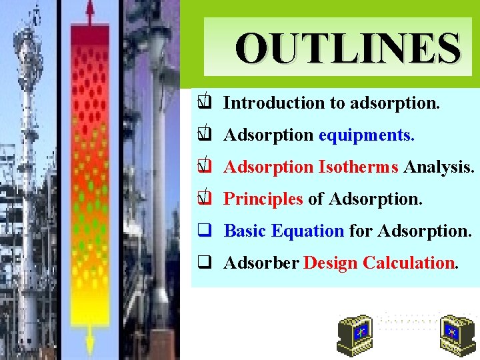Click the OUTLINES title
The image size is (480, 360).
(x=347, y=48)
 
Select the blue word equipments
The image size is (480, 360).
(x=366, y=135)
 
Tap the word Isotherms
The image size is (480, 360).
(x=359, y=167)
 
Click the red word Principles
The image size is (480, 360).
(x=263, y=199)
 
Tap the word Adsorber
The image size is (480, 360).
(x=261, y=263)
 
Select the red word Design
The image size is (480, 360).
(x=331, y=263)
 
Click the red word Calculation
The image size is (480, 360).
(x=409, y=263)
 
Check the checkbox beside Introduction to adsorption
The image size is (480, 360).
(x=205, y=103)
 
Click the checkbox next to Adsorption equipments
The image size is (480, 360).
(x=205, y=135)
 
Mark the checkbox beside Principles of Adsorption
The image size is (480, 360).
(x=205, y=199)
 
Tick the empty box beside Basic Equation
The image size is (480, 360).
(x=205, y=231)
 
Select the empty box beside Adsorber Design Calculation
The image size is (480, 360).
(x=205, y=263)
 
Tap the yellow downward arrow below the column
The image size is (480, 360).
(x=90, y=343)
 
